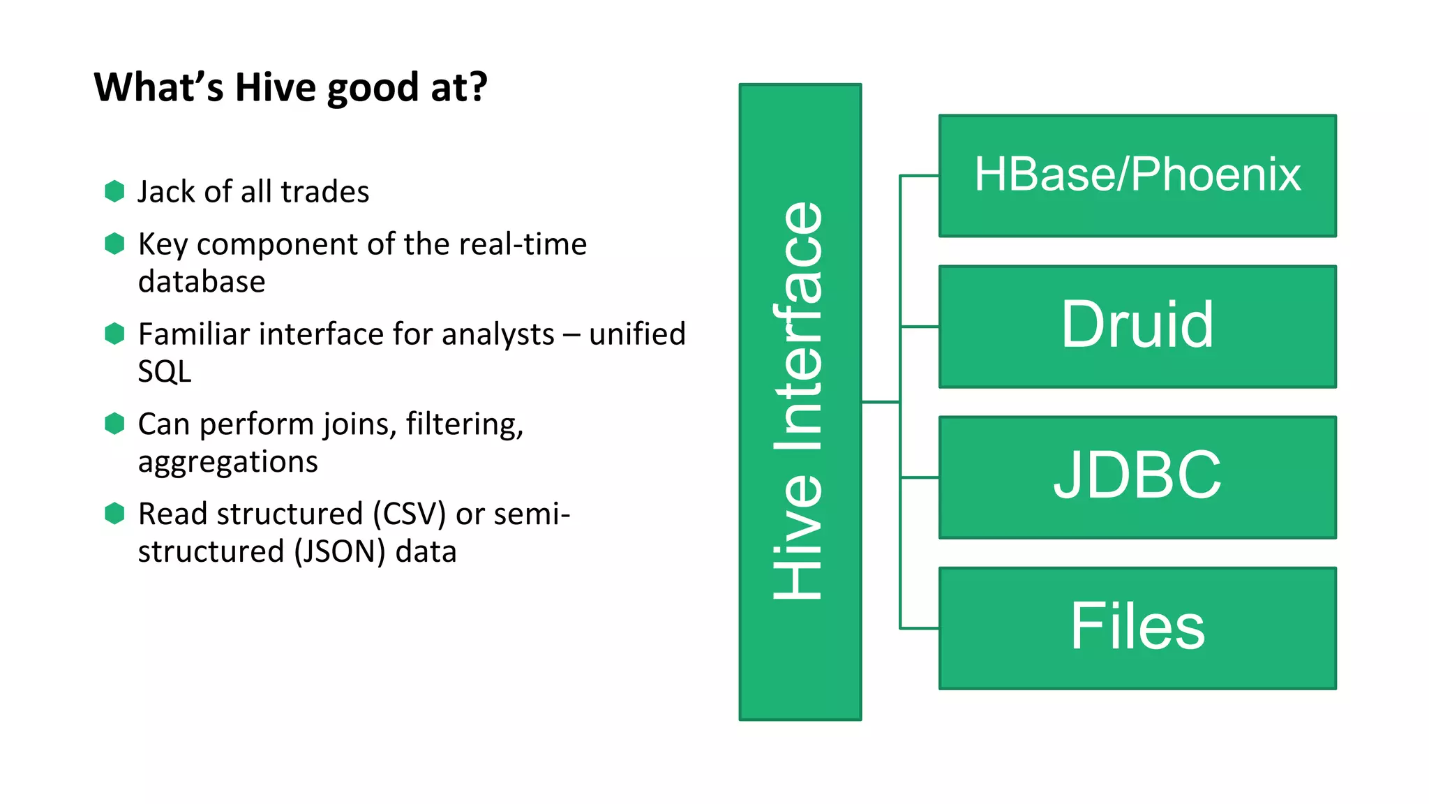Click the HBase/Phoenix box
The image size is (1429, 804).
point(1137,176)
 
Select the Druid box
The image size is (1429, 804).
point(1137,326)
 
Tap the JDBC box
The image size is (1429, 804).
point(1137,477)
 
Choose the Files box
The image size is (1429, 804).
point(1137,627)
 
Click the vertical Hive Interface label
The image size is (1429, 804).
point(800,401)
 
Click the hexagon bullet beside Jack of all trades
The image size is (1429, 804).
point(114,191)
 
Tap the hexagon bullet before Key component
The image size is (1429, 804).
point(114,244)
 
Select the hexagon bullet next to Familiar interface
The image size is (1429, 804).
point(114,334)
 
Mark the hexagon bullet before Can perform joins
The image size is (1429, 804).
point(114,423)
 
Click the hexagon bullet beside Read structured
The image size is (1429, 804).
point(114,513)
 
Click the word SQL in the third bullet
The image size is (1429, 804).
point(164,371)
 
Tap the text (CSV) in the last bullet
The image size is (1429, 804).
point(409,514)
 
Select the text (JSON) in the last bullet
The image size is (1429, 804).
point(339,552)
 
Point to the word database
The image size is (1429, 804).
point(202,282)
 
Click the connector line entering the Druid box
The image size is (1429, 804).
point(920,326)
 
